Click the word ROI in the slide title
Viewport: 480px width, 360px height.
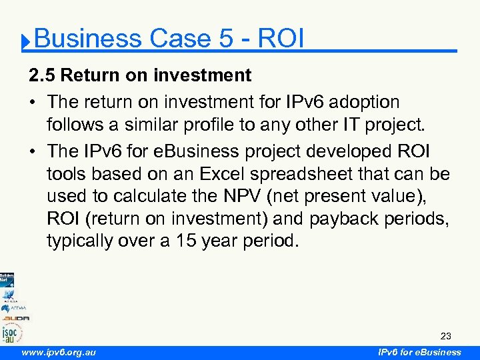coord(280,39)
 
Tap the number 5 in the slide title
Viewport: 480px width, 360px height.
coord(225,39)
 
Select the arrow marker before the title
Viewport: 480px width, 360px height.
coord(25,43)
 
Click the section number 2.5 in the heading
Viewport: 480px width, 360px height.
coord(42,75)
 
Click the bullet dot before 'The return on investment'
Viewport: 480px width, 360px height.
coord(33,103)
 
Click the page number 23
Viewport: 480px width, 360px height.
coord(445,336)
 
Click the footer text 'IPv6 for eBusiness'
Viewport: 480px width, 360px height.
coord(419,352)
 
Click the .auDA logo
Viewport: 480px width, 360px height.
coord(15,318)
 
